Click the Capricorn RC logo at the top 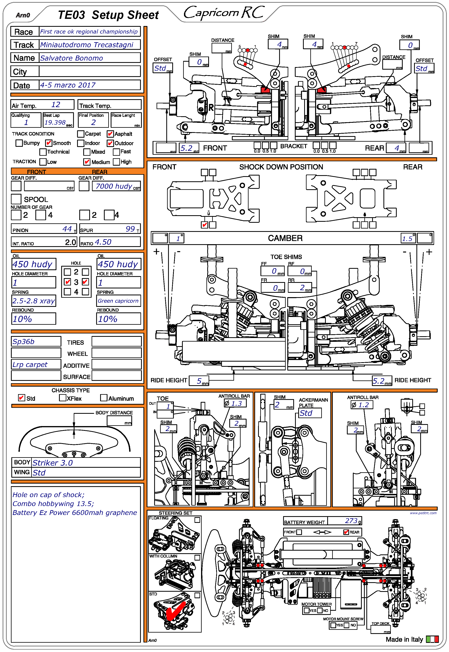click(x=224, y=13)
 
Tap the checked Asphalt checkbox click(x=110, y=134)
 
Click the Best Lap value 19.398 click(x=55, y=122)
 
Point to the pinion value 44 click(x=67, y=229)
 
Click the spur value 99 click(x=130, y=229)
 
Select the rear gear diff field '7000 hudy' click(x=114, y=186)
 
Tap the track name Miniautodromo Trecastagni click(x=87, y=45)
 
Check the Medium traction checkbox click(x=87, y=162)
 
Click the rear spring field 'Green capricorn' click(x=118, y=301)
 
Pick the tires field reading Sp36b click(x=24, y=342)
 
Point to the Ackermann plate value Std click(x=306, y=413)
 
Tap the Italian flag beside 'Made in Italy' click(x=432, y=639)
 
